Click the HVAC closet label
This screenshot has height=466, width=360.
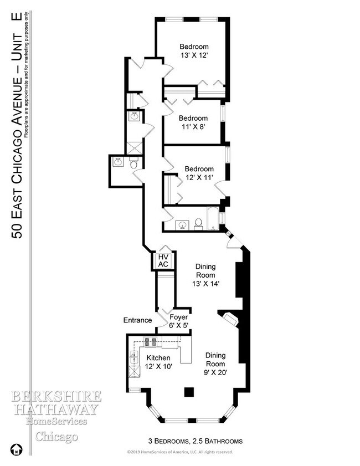point(163,260)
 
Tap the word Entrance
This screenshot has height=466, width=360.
point(137,320)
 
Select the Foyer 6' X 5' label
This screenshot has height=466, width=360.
point(179,321)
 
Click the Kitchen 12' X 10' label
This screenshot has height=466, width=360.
point(158,362)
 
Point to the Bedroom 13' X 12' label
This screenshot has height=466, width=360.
point(194,51)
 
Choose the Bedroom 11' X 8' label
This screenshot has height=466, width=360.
point(193,122)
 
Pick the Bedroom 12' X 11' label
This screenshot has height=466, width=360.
point(199,173)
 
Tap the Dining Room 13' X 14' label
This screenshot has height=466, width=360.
point(205,275)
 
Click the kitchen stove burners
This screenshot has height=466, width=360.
point(150,341)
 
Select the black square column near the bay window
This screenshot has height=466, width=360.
point(189,392)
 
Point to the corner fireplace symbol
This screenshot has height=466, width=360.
point(230,319)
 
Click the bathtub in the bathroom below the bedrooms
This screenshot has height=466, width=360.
point(212,219)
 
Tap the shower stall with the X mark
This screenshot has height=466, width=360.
point(135,148)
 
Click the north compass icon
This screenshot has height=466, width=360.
point(16,449)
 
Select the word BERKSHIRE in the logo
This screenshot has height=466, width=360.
point(56,396)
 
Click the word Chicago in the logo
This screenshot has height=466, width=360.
point(56,437)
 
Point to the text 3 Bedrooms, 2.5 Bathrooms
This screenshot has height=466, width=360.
point(196,441)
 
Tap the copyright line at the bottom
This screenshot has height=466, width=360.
point(180,452)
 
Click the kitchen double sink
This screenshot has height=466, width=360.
point(134,357)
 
